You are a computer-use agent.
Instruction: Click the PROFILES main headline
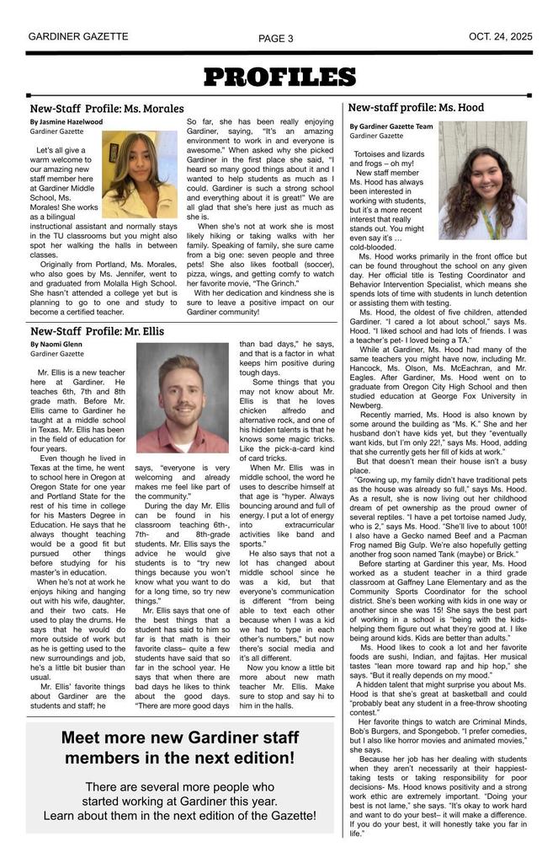[279, 78]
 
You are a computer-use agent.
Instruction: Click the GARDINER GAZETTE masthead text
[78, 37]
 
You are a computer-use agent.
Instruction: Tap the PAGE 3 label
[276, 39]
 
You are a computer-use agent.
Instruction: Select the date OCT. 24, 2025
[501, 37]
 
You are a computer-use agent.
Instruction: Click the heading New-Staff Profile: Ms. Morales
[107, 109]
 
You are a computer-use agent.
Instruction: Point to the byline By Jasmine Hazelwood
[66, 122]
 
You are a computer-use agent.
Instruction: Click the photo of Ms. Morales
[139, 174]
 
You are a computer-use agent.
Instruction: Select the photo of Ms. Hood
[482, 180]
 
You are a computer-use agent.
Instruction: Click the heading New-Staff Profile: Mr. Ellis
[97, 331]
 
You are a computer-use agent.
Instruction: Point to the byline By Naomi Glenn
[56, 345]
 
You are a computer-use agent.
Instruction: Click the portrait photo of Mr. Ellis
[183, 397]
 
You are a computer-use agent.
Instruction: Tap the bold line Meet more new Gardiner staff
[180, 737]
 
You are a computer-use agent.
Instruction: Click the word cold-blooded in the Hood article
[375, 248]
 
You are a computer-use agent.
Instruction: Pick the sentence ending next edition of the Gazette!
[180, 816]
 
